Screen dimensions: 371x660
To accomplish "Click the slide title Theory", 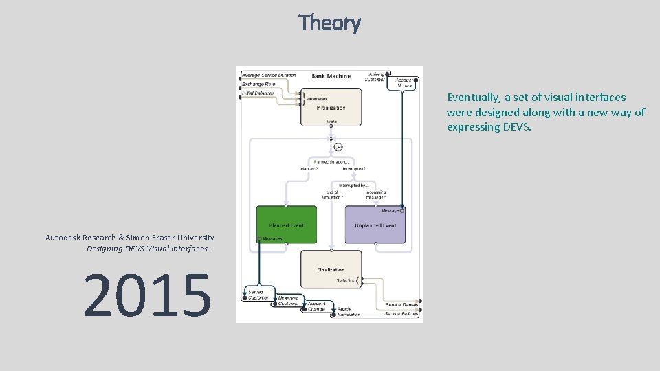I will click(x=329, y=23).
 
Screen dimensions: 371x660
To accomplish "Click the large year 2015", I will click(x=147, y=296).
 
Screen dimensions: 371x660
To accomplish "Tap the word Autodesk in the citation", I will click(x=66, y=238).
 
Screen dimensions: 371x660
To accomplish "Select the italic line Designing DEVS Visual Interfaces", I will click(x=150, y=249).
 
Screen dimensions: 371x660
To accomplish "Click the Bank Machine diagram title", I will click(x=331, y=76).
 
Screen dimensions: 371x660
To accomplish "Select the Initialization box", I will click(x=331, y=107).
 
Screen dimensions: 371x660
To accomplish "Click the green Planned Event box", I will click(x=287, y=225).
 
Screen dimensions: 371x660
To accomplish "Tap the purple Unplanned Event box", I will click(x=375, y=225).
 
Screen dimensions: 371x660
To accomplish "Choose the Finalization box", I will click(x=331, y=270).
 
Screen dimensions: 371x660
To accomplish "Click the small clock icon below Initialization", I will click(x=338, y=147).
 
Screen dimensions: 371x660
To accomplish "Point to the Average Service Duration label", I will click(x=269, y=75).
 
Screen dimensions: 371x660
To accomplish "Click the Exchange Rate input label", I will click(x=258, y=84).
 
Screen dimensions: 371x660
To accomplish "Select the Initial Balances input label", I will click(x=258, y=93).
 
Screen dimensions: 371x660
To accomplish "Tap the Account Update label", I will click(x=404, y=82).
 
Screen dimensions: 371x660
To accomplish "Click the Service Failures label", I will click(x=402, y=314).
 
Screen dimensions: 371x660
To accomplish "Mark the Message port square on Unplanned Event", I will click(x=402, y=211).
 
